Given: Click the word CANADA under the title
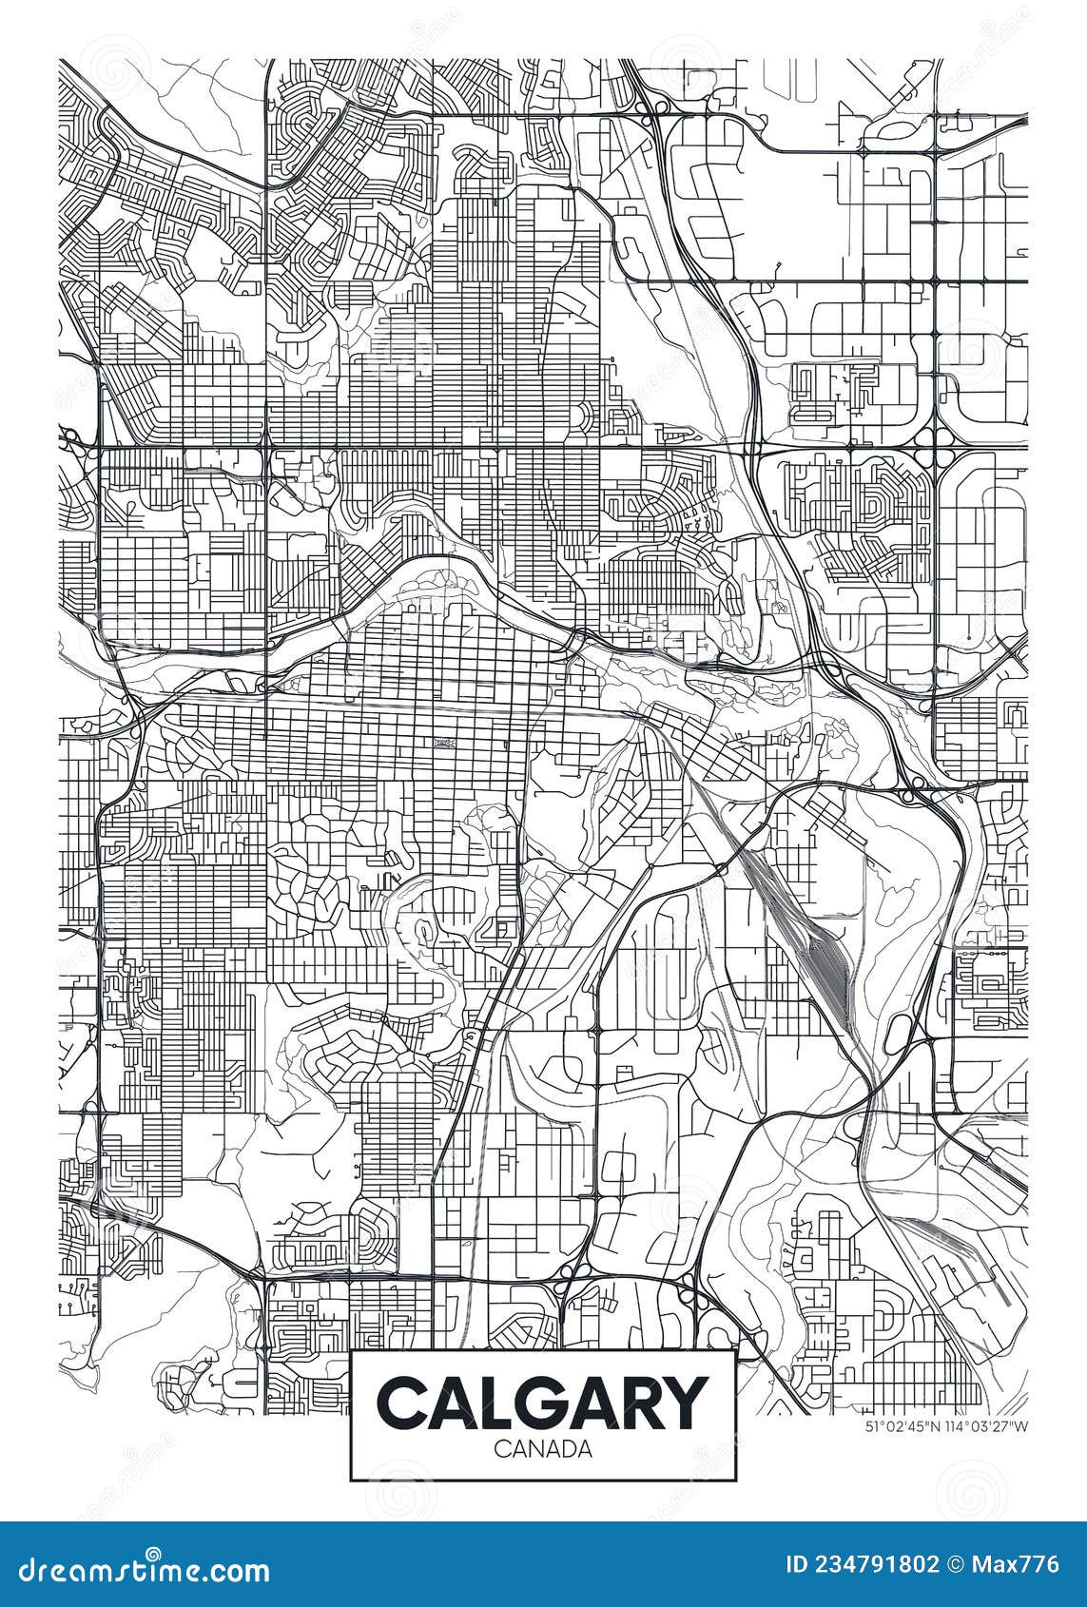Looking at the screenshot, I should pos(543,1449).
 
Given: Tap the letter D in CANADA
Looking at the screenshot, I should pos(563,1449).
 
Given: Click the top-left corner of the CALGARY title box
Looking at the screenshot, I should pos(352,1350).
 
